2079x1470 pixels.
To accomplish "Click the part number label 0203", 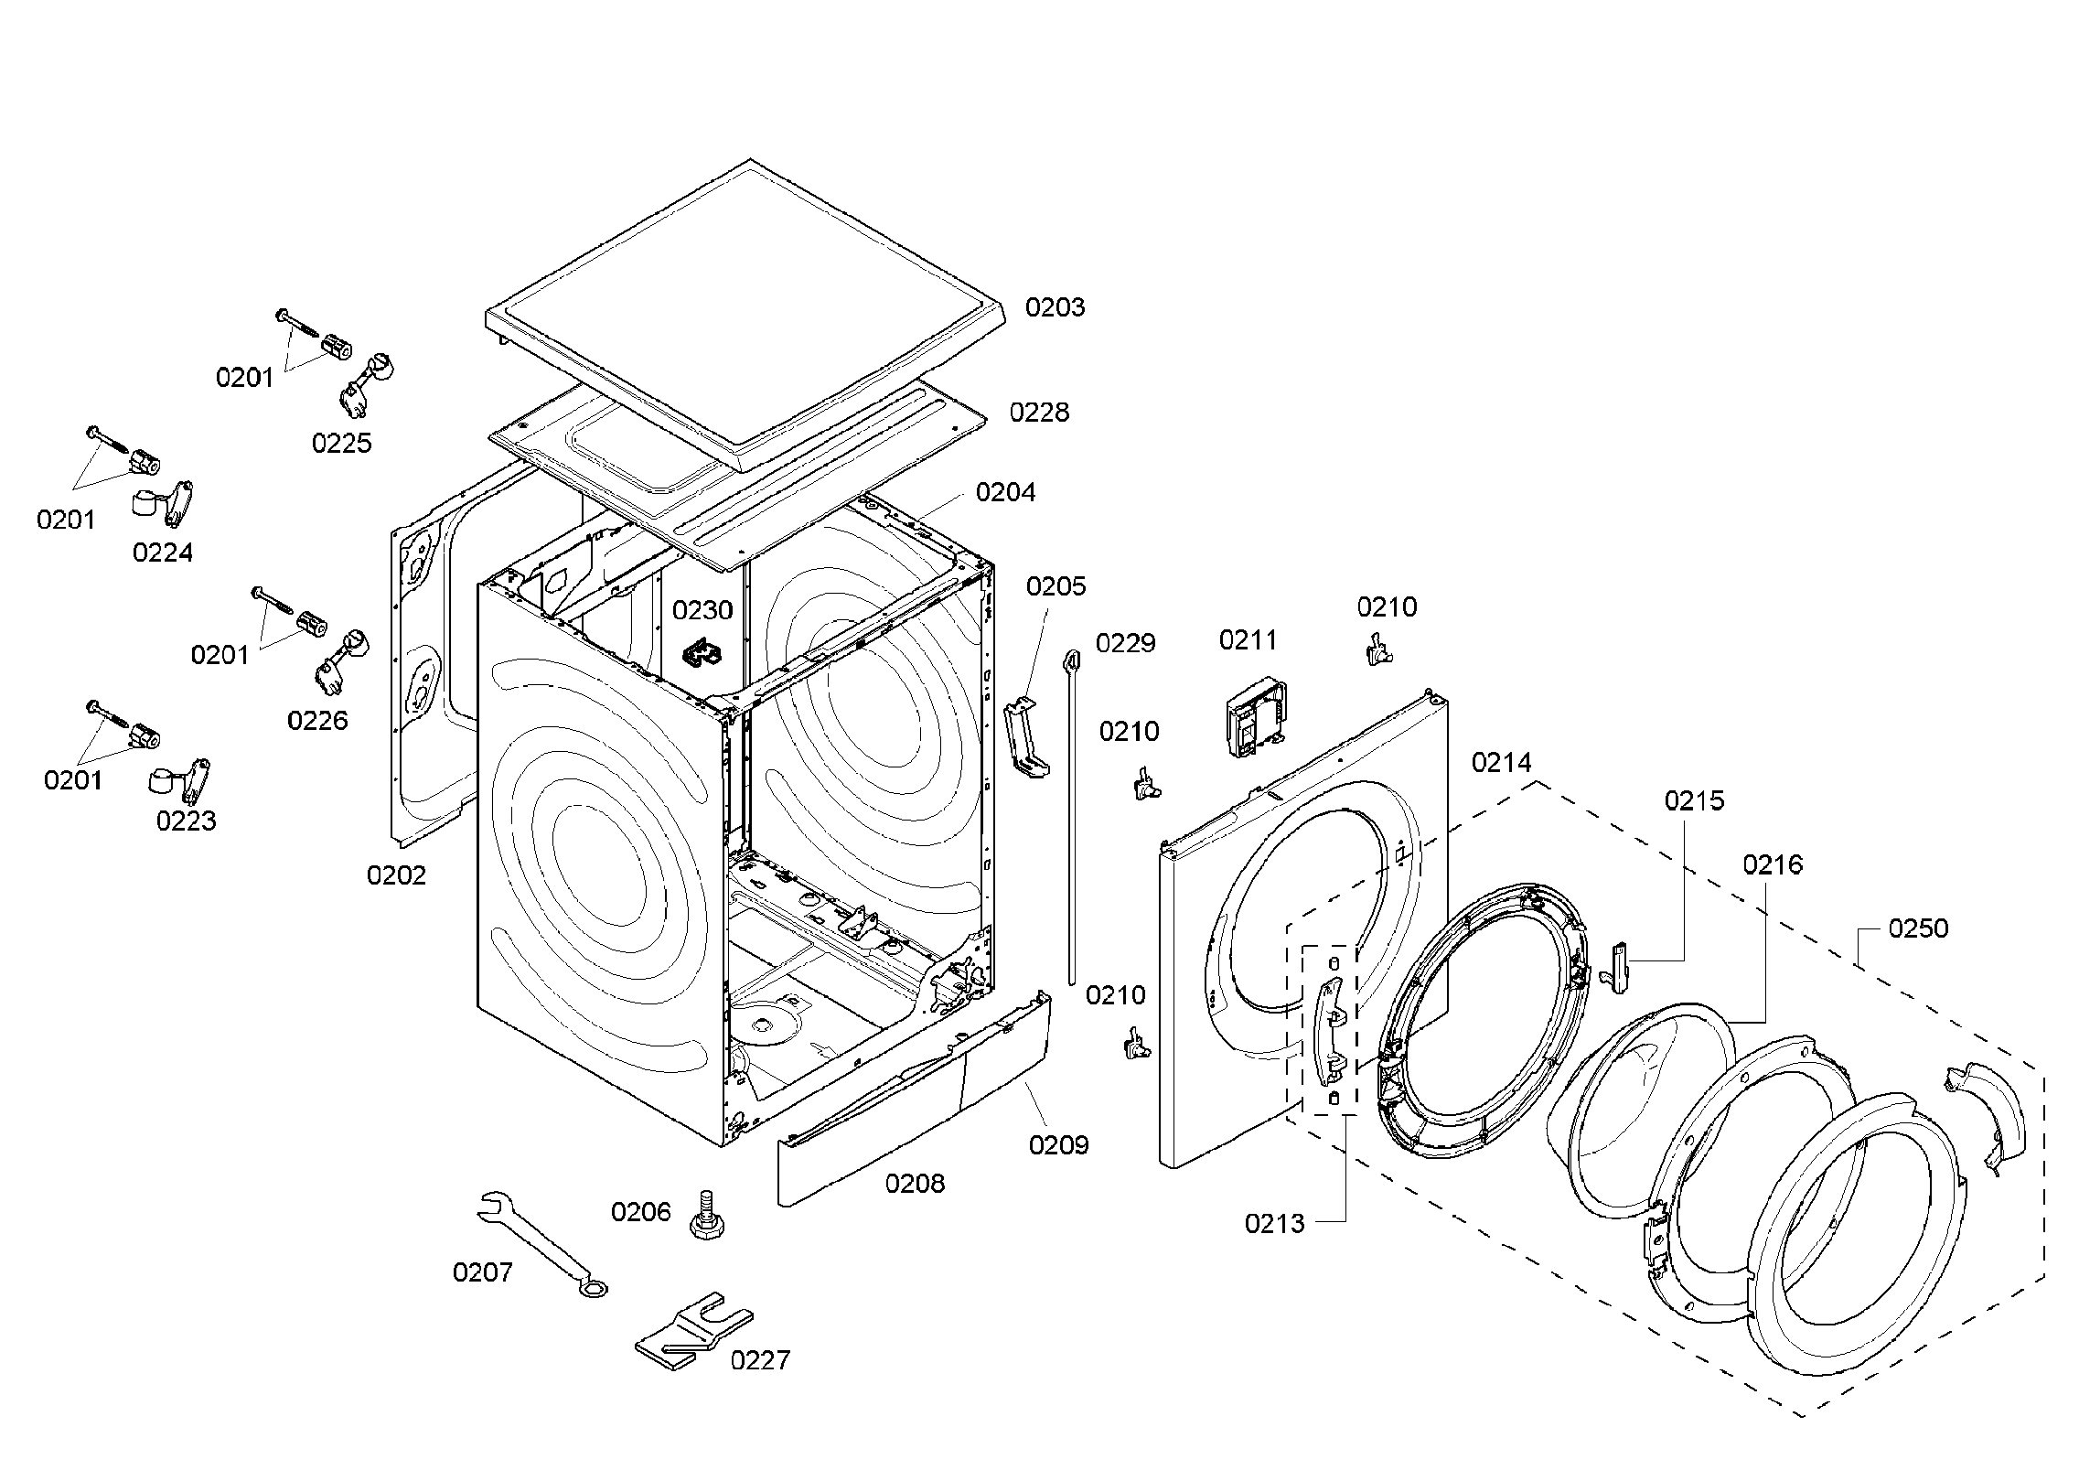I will [1054, 307].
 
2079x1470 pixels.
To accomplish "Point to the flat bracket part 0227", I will [692, 1336].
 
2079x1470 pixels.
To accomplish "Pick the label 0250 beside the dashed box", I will [1918, 929].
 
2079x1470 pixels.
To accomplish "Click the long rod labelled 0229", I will [1071, 814].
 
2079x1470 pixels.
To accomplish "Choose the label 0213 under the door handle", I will [1274, 1224].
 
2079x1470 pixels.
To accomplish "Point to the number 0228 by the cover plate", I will [1039, 413].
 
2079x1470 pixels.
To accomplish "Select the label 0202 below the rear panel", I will [396, 875].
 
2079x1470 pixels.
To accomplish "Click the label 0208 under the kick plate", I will [914, 1184].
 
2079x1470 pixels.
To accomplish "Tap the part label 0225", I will [341, 444].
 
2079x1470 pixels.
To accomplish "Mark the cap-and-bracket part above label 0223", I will [178, 778].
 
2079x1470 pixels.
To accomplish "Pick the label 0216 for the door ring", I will [1772, 864].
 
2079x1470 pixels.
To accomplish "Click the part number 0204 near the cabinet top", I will [1005, 492].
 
